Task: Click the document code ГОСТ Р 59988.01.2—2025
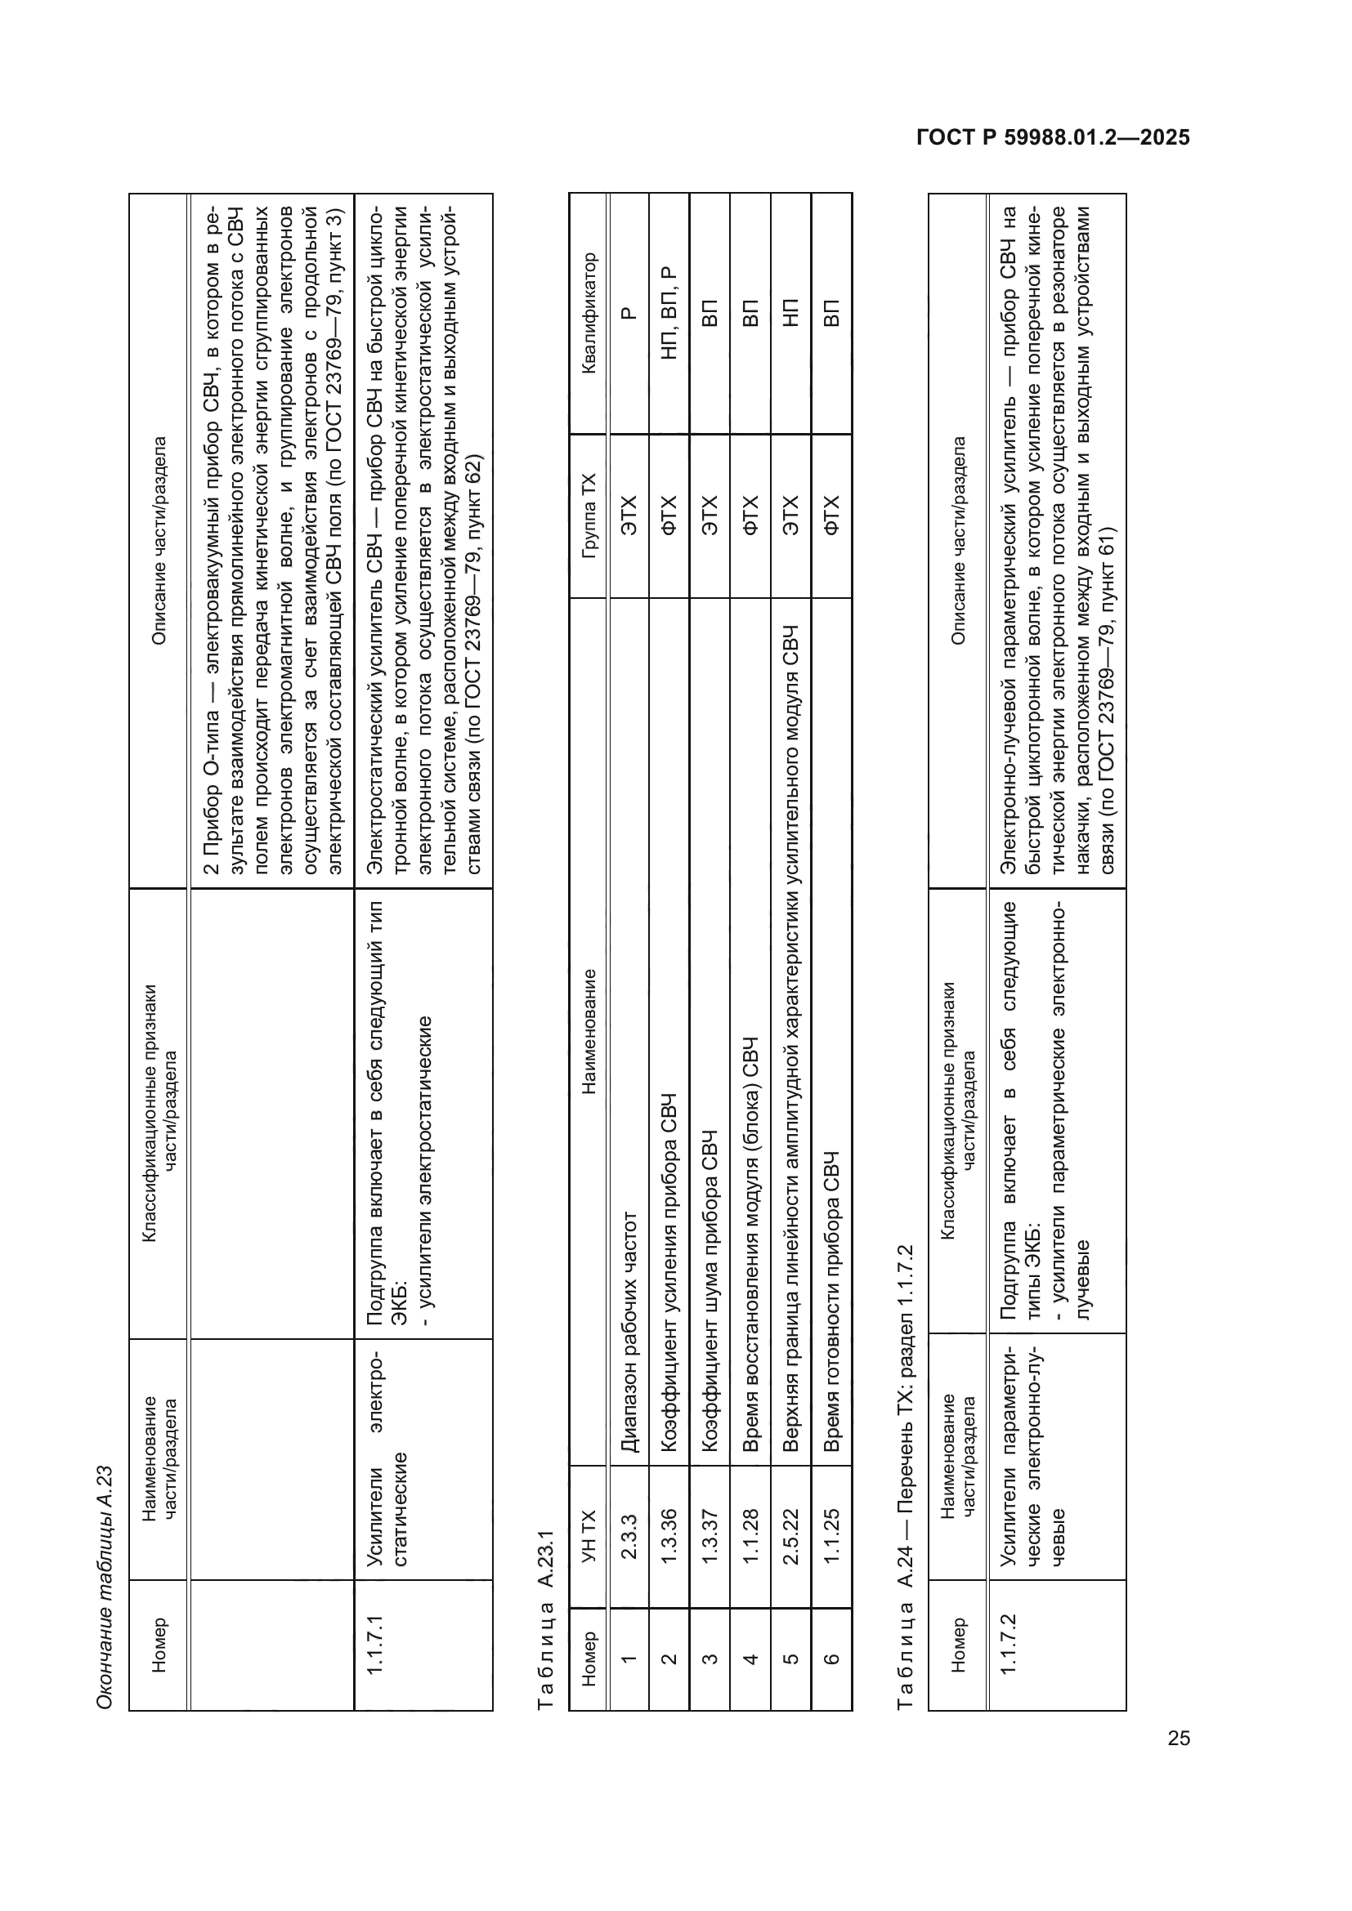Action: (1053, 137)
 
